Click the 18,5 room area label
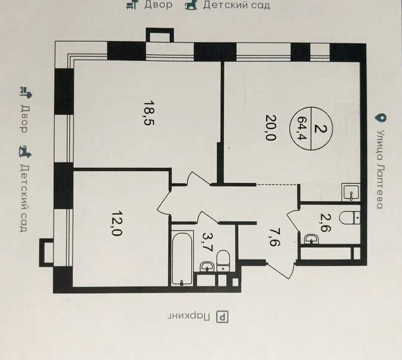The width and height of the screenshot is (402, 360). (x=149, y=113)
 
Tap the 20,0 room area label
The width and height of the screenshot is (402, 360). (x=271, y=127)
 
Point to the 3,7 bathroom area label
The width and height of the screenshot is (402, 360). (x=208, y=243)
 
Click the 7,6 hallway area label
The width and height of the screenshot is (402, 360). (x=275, y=238)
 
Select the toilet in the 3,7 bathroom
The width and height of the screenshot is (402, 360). (x=223, y=261)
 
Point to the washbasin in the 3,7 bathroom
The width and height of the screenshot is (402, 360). (x=206, y=267)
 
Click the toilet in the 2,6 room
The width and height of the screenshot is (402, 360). (x=350, y=218)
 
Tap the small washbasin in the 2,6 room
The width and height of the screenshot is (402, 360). (x=311, y=239)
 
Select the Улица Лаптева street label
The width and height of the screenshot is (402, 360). (x=380, y=169)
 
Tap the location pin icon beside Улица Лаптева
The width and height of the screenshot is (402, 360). (x=381, y=118)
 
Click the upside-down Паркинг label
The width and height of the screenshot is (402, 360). (x=189, y=317)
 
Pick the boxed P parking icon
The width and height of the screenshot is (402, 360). (x=222, y=317)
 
